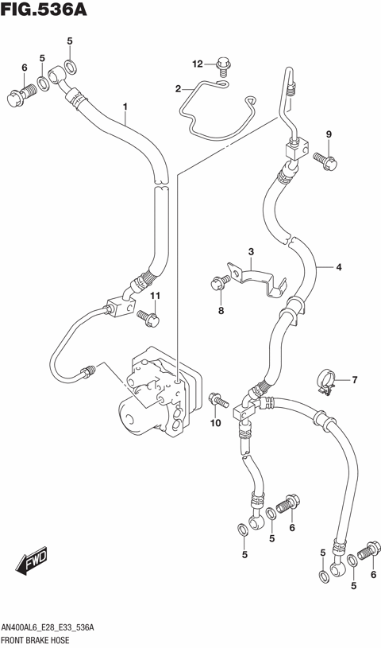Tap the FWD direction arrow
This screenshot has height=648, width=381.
pos(32,562)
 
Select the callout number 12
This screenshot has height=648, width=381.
pos(198,64)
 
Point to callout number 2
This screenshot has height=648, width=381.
pos(179,88)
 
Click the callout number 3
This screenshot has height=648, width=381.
pos(250,252)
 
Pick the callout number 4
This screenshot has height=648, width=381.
pos(338,268)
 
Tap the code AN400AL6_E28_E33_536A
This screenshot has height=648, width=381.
pos(49,627)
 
